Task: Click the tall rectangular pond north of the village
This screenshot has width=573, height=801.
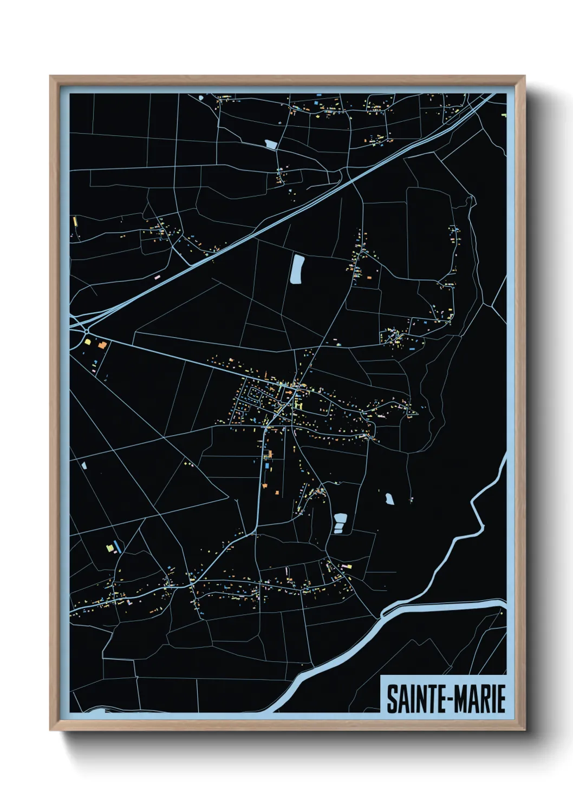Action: (x=297, y=268)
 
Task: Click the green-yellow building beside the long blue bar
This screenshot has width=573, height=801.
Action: (x=110, y=548)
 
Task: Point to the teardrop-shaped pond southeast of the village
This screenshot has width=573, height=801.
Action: (x=389, y=498)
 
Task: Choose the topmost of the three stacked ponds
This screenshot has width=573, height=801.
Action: (x=340, y=517)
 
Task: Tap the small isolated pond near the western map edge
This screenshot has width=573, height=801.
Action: (x=84, y=464)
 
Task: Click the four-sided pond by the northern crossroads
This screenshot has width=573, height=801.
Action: (x=270, y=144)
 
